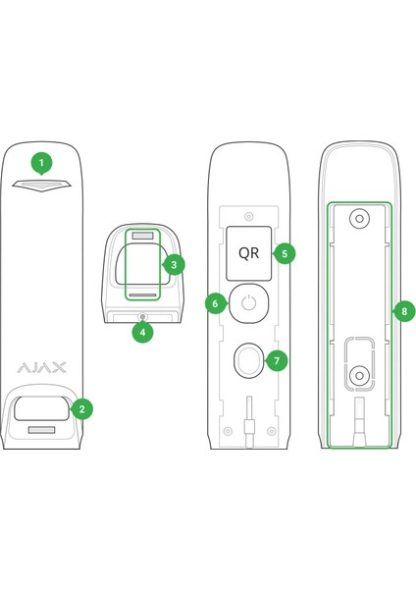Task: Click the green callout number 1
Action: [x=41, y=163]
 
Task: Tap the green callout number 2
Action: [x=81, y=409]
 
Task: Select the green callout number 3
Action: [x=173, y=265]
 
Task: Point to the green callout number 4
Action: [x=142, y=332]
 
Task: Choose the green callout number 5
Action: [x=285, y=253]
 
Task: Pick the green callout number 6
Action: [x=216, y=303]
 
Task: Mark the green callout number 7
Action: [x=277, y=360]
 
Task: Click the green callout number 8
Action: [x=404, y=311]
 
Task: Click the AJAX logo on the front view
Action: [x=41, y=367]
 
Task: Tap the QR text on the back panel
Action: [x=248, y=253]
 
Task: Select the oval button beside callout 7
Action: [x=248, y=360]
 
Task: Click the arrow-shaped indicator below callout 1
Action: [x=41, y=186]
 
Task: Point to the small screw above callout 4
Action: [x=142, y=317]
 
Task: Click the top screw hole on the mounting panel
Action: [x=359, y=219]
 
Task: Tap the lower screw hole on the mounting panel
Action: [x=359, y=375]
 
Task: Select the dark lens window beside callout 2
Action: [x=41, y=408]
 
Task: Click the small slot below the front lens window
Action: [x=41, y=430]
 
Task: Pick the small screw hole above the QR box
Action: [x=248, y=216]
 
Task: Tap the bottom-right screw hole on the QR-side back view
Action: [x=271, y=431]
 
